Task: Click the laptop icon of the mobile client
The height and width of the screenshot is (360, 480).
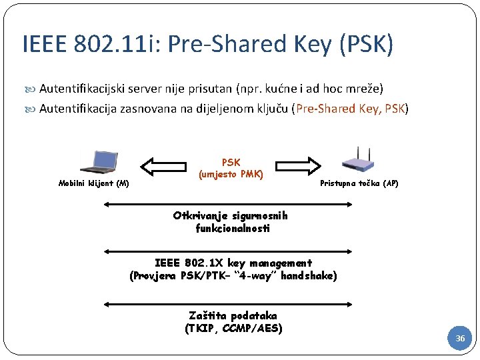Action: tap(98, 161)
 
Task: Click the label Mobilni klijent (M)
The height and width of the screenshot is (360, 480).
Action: tap(93, 183)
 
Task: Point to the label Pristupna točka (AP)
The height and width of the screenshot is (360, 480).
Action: tap(359, 183)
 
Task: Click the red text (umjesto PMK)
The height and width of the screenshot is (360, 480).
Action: tap(231, 175)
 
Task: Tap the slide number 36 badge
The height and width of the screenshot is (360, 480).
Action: tap(460, 339)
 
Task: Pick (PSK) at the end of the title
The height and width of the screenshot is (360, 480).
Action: tap(366, 45)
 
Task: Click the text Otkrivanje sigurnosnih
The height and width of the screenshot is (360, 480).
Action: tap(230, 215)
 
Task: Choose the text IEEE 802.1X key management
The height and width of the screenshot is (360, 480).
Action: tap(233, 263)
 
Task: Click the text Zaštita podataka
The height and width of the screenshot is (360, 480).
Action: tap(233, 315)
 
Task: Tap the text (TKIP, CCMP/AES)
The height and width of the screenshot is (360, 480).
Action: tap(233, 328)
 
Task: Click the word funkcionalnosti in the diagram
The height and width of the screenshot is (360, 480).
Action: tap(233, 228)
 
